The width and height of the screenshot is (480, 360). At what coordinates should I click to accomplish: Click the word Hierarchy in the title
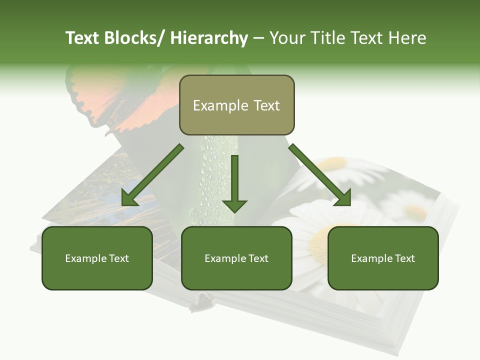pos(208,38)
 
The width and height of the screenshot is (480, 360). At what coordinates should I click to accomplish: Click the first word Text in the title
pos(82,38)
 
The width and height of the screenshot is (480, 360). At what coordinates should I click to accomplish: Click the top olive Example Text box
pos(236,105)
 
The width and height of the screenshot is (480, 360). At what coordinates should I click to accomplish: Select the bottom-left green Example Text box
pos(97,258)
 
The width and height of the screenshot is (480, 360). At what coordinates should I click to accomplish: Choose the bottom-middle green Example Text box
pos(236,258)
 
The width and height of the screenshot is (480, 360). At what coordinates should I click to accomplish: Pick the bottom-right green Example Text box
pos(383,258)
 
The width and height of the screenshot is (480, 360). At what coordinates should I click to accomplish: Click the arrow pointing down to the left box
pos(152,175)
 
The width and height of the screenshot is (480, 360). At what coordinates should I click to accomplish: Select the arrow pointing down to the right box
pos(320,175)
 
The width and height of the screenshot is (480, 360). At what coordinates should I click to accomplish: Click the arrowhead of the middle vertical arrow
pos(234,205)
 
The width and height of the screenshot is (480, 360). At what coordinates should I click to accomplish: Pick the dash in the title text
pos(258,38)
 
